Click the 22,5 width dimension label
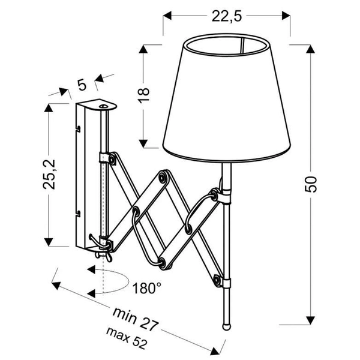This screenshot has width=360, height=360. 227,16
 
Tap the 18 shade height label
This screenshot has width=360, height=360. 144,95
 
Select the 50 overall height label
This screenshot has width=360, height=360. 311,184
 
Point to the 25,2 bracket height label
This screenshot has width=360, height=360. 49,175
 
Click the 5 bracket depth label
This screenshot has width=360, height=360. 82,85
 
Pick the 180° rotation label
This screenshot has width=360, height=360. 147,289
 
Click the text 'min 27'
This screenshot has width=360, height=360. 136,319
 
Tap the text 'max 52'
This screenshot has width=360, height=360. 126,338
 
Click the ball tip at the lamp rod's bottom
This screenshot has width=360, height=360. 226,327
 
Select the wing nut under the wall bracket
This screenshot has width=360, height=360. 103,256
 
